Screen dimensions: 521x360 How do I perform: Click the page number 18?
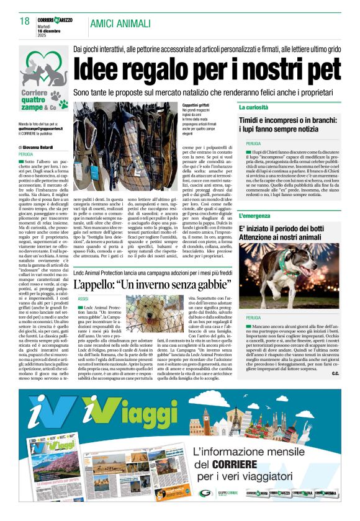click(x=25, y=22)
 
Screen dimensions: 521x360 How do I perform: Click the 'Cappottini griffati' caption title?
click(x=196, y=105)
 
